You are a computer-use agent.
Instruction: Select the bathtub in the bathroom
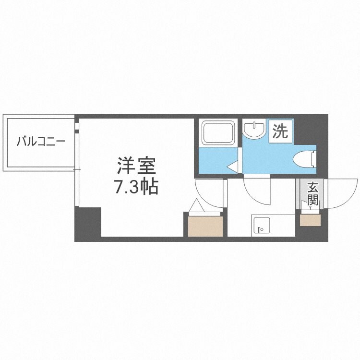pyautogui.click(x=218, y=132)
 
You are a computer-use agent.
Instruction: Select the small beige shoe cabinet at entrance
pyautogui.click(x=310, y=219)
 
